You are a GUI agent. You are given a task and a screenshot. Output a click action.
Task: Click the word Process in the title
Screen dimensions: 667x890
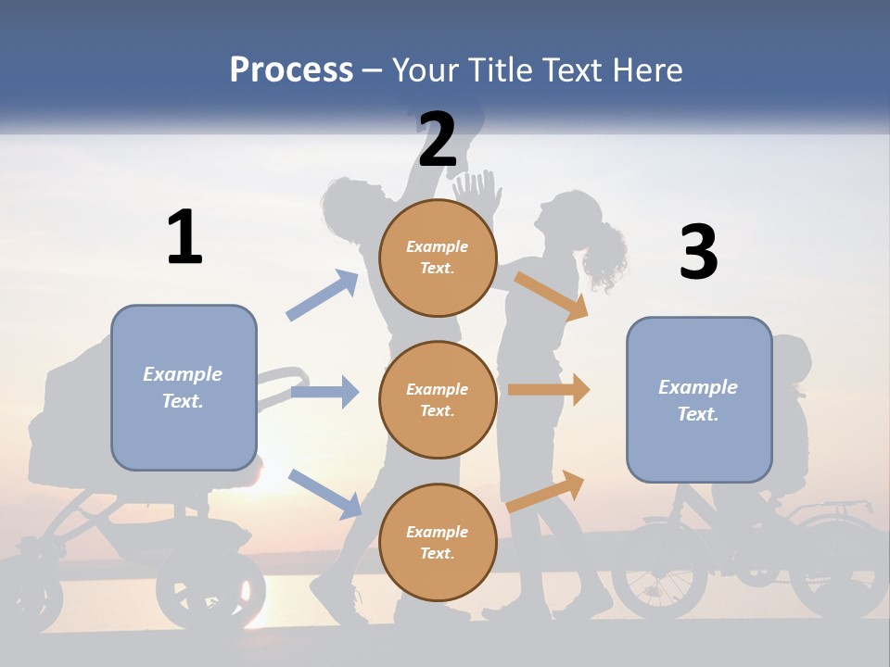point(291,70)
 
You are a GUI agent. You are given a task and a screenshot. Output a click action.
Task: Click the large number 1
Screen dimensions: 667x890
point(184,237)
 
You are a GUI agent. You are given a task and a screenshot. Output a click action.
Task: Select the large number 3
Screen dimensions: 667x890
point(698,253)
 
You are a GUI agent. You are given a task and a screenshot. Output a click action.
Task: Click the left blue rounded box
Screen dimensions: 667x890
point(184,387)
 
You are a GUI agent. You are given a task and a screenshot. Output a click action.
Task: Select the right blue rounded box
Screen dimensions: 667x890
point(699,400)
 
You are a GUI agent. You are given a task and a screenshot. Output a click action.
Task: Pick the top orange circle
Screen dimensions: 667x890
point(438,258)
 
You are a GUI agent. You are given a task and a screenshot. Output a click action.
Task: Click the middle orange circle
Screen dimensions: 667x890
point(438,400)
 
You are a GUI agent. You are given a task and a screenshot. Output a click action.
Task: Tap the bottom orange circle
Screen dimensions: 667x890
point(438,543)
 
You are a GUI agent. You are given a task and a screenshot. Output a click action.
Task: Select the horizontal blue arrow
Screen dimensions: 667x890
point(324,392)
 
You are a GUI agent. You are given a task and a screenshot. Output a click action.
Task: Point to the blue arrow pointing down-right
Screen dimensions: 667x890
point(324,493)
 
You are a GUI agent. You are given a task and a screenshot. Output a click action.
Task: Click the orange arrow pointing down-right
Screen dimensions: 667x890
point(552,296)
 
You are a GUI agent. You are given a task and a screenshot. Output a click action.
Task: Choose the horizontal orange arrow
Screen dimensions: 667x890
point(549,390)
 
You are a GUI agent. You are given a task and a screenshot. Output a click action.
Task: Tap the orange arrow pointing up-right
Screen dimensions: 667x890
point(546,491)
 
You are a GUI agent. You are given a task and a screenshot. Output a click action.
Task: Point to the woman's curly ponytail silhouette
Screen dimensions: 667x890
point(605,255)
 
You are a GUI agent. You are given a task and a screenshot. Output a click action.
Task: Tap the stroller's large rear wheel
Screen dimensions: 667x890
point(210,587)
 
